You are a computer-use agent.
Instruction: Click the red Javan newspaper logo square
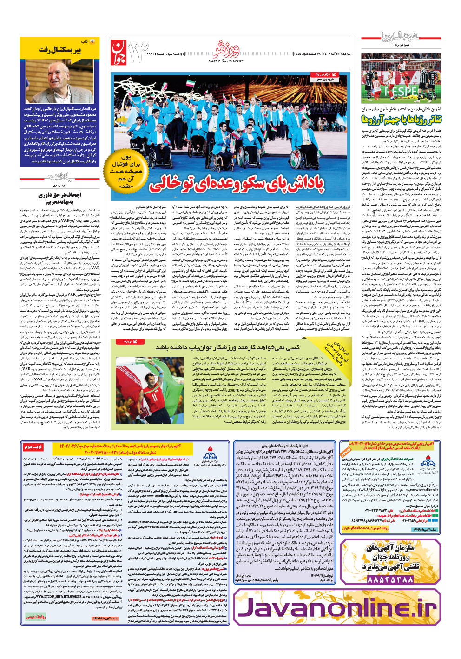[119, 52]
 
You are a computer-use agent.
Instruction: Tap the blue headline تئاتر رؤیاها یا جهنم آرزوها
[402, 120]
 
